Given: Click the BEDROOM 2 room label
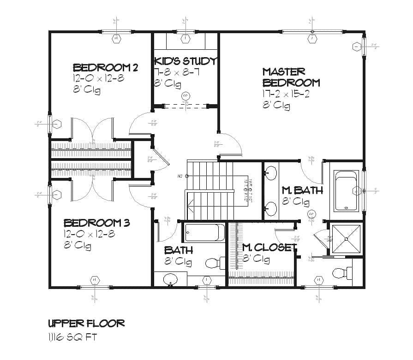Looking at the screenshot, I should coord(105,68).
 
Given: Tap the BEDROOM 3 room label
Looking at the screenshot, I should coord(96,223).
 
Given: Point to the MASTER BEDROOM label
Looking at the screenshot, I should coord(291,77).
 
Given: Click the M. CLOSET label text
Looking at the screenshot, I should coord(269,248).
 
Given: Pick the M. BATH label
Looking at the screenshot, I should coord(302,190).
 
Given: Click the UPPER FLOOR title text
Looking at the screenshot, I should coord(86,323).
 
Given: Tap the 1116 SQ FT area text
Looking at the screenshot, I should coord(72,337).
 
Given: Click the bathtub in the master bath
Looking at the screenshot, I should coord(346,191).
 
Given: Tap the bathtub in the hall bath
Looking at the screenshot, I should coord(204,232).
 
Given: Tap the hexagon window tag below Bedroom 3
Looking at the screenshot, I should coord(95,280).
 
